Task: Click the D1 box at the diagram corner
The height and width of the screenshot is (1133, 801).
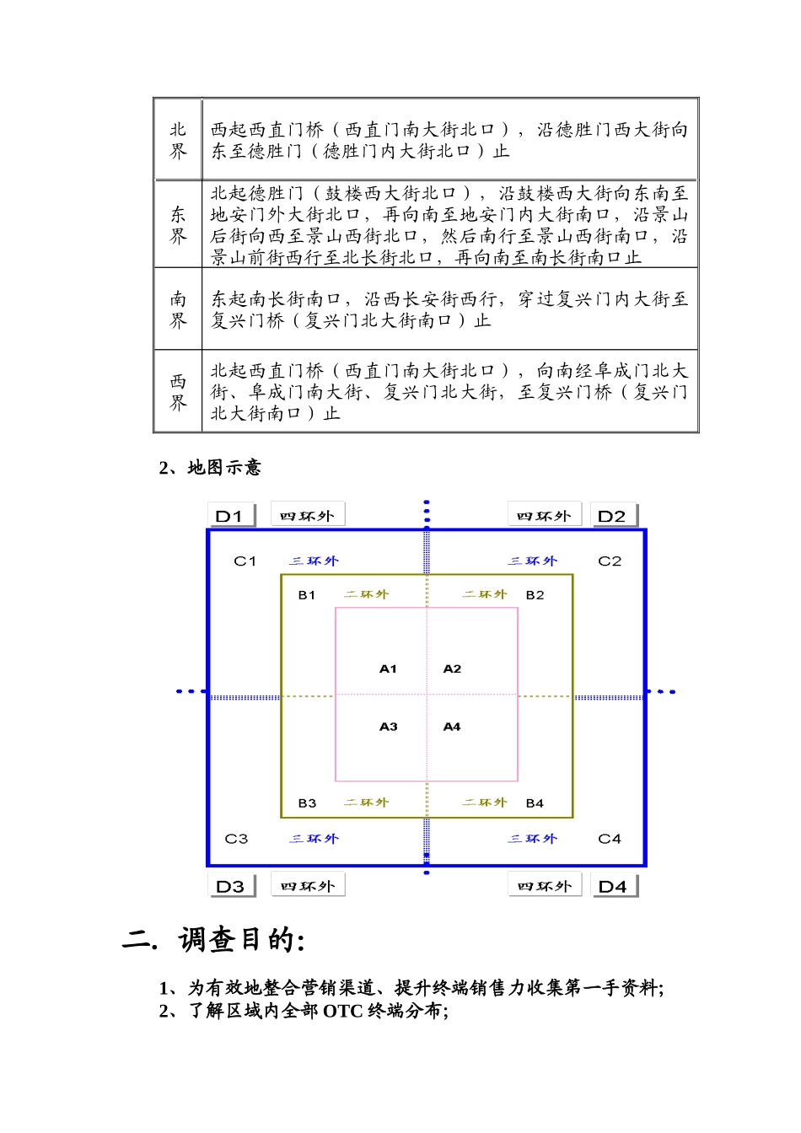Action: (230, 516)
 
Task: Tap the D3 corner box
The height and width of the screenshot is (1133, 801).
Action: (231, 886)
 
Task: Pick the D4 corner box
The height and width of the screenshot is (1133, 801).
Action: (613, 886)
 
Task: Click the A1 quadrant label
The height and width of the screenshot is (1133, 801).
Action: (388, 669)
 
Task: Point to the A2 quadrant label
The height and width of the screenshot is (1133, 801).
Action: (453, 669)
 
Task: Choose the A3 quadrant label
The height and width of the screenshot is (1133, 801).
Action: (388, 727)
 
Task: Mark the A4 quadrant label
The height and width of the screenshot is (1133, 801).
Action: (453, 727)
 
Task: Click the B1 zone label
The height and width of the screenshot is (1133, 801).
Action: (307, 595)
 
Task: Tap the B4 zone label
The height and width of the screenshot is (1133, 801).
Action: (535, 803)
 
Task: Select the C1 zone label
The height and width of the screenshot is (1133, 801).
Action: (245, 561)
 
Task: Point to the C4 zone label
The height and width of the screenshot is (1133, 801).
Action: (610, 839)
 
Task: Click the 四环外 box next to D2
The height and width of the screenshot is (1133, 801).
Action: (544, 515)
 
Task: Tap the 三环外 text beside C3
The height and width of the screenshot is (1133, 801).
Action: (314, 839)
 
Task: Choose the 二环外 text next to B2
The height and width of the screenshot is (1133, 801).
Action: (484, 594)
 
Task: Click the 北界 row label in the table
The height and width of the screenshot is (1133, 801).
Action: (178, 140)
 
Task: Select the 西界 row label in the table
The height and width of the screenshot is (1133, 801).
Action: (178, 392)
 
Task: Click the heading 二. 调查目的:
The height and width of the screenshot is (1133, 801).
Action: (214, 940)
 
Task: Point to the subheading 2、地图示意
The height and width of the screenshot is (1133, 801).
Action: (210, 468)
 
